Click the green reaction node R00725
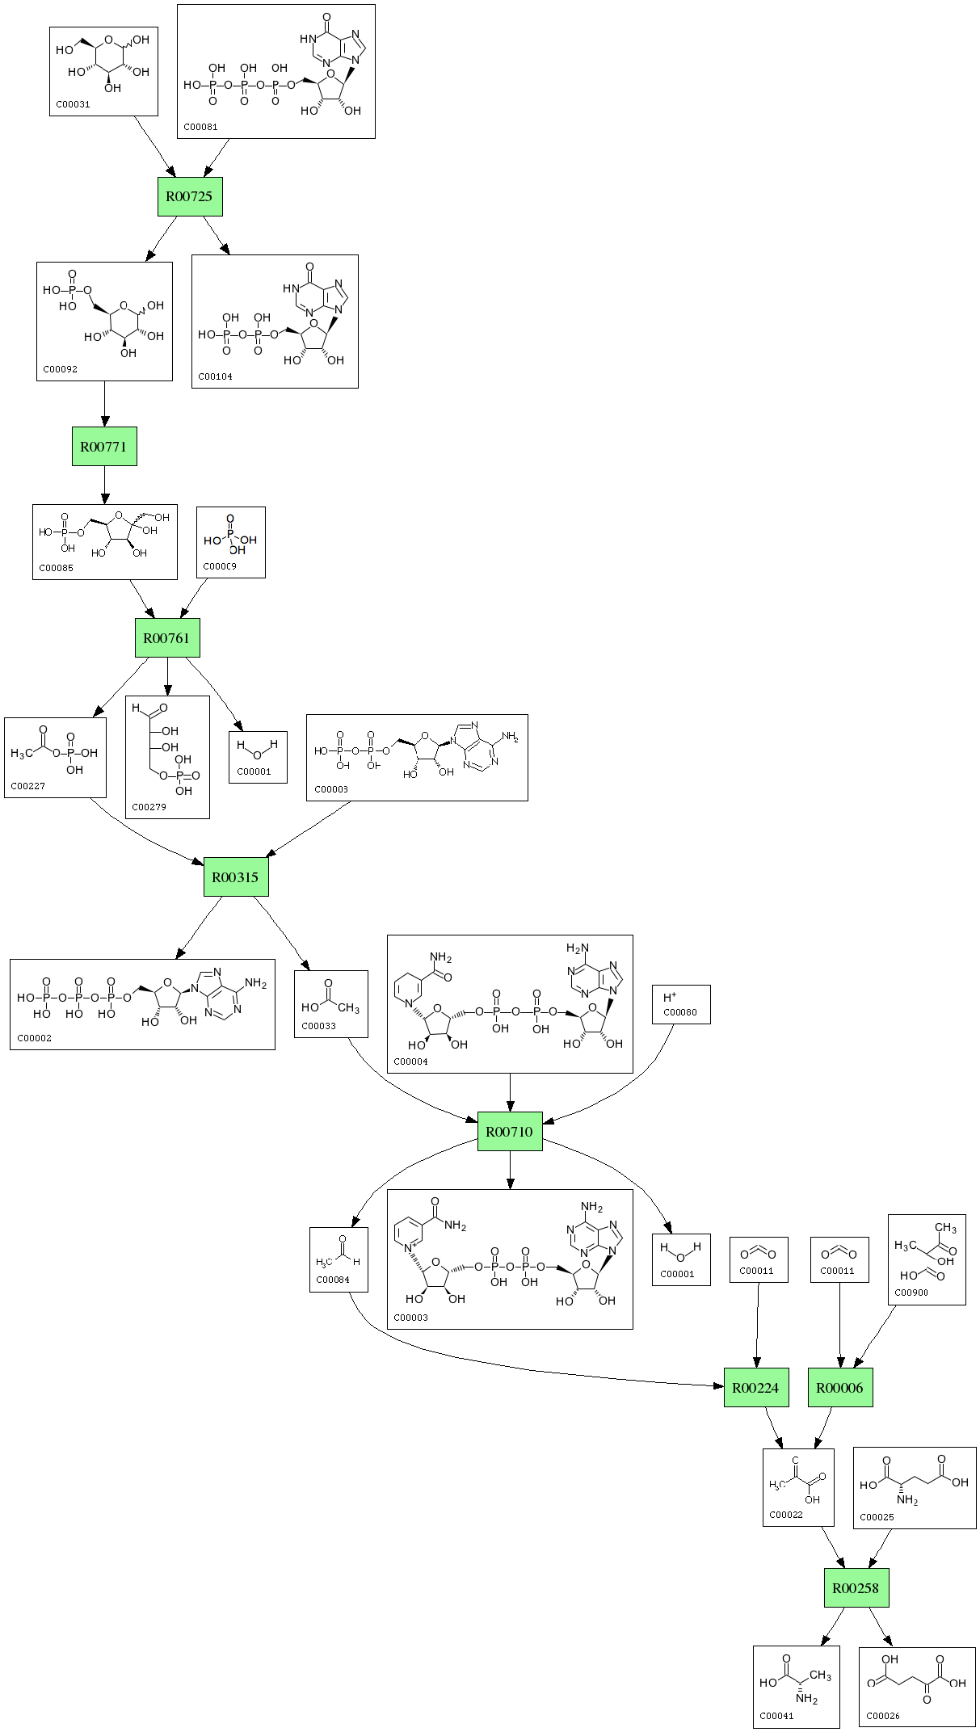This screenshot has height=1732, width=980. [190, 196]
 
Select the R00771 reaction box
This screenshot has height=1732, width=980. [104, 446]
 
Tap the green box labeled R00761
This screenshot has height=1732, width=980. [167, 638]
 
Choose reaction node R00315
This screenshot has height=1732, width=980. [235, 877]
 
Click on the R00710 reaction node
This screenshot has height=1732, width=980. [509, 1132]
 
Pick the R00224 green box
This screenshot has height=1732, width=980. [755, 1388]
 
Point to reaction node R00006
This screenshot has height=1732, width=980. [840, 1388]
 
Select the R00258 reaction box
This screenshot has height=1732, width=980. [856, 1588]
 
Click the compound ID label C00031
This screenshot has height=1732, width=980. [73, 104]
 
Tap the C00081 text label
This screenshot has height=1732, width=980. [200, 127]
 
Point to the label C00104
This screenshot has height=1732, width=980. [215, 376]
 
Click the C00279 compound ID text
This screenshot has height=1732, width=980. [149, 807]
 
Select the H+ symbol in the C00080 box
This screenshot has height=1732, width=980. [669, 998]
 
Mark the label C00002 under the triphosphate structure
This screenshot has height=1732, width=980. [34, 1038]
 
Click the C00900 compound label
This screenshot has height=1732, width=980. [911, 1292]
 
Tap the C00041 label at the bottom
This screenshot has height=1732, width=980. [776, 1716]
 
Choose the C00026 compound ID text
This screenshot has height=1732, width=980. [883, 1716]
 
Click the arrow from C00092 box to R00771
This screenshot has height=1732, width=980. [104, 404]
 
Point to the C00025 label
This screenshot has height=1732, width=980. [877, 1517]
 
